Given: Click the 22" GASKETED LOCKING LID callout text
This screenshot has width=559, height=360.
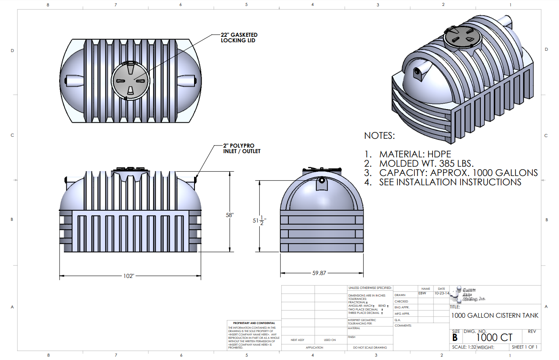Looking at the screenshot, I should coord(239,38).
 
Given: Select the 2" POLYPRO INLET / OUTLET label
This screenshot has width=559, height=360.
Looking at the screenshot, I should coord(241,148).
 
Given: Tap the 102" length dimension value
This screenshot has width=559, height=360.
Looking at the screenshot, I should coord(129,276).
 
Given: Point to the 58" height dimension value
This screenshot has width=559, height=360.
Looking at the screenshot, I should coord(230,215).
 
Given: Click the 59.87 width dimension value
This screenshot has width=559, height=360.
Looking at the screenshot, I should coord(319,273).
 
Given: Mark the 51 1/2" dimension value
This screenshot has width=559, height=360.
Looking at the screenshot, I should coord(259,220).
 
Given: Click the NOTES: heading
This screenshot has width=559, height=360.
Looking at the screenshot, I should coord(379,136).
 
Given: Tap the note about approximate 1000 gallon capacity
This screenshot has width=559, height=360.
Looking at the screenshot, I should coord(451,173).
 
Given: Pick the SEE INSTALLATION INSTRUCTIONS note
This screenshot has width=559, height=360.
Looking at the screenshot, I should coord(443,182).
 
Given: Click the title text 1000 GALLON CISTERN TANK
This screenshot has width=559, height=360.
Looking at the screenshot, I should coord(495,316).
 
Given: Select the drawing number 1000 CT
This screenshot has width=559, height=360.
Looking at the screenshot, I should coord(494,338).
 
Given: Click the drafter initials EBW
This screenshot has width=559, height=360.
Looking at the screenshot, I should coord(422,293).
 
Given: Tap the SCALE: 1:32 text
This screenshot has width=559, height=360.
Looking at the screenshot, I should coord(464,347).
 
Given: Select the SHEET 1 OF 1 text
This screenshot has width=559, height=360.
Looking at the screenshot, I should coord(524,347).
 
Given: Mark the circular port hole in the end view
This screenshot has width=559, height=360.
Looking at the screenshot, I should coord(322,180).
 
